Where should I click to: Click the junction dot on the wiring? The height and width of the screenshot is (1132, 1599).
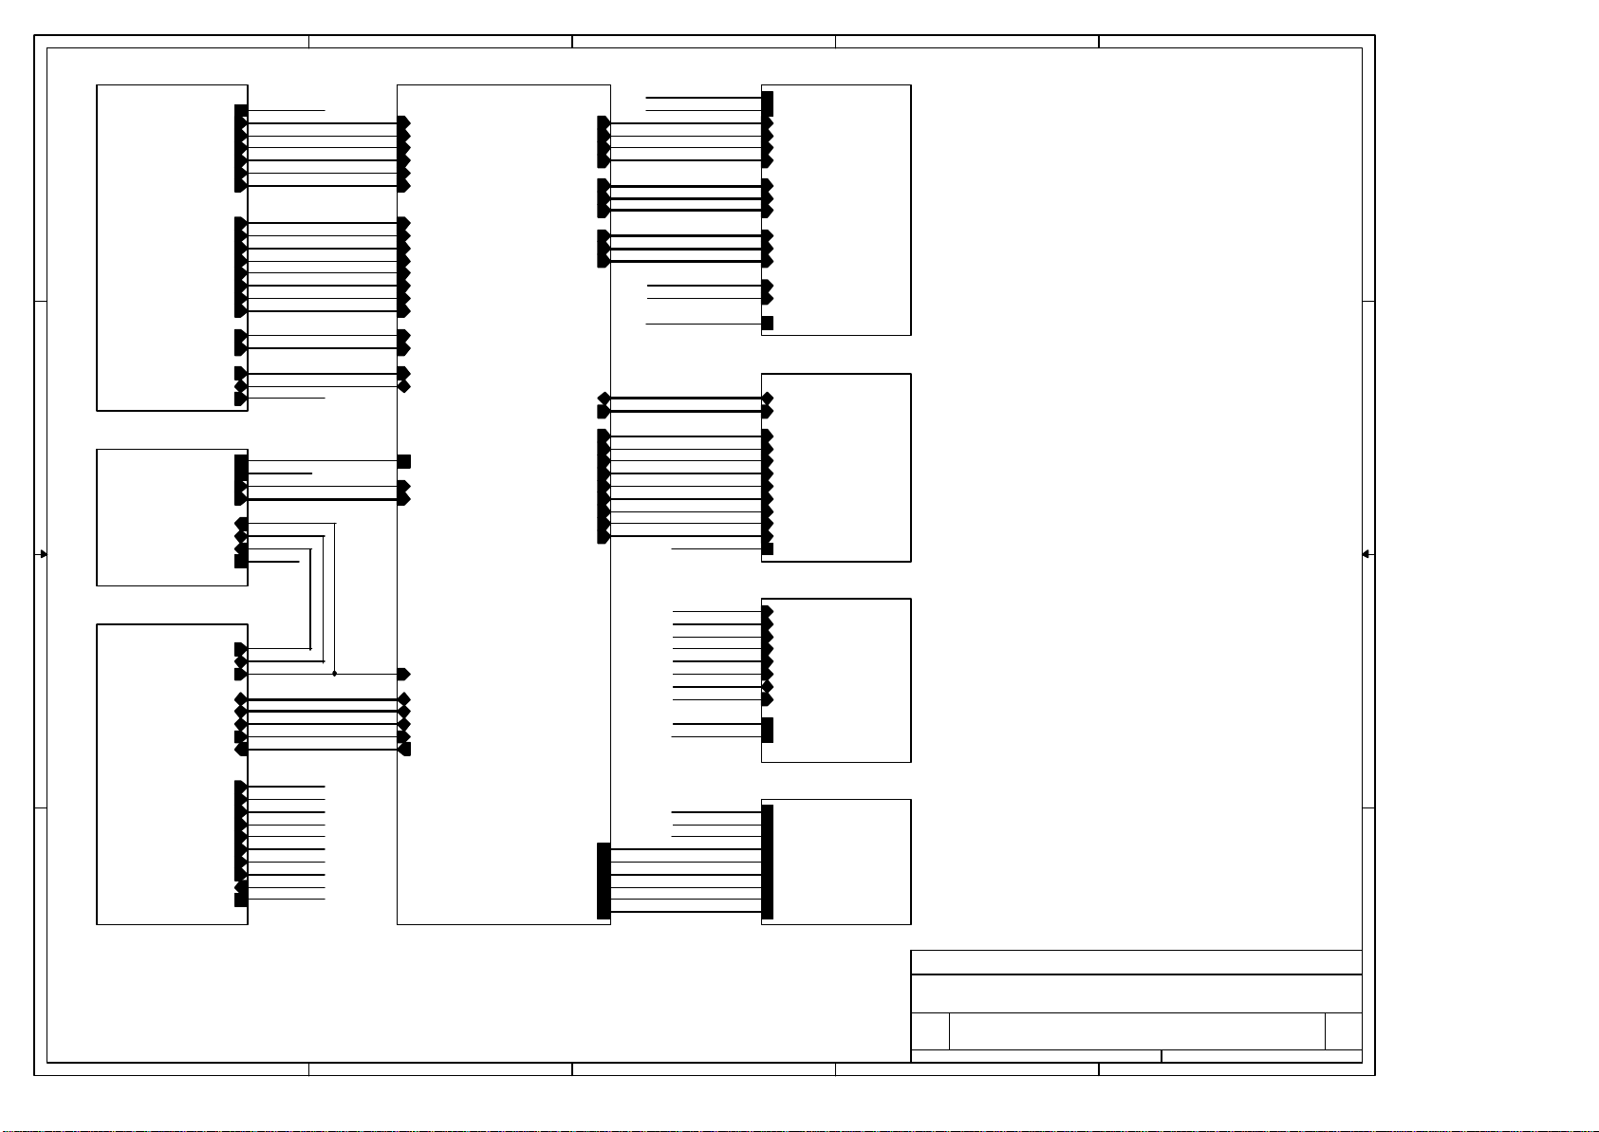(334, 674)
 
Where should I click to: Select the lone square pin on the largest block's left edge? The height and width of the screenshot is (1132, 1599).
(404, 461)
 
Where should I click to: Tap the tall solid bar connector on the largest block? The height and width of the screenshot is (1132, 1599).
(604, 881)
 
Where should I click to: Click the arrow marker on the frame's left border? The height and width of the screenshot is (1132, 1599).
(42, 554)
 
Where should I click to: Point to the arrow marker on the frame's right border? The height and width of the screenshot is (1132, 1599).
(1367, 554)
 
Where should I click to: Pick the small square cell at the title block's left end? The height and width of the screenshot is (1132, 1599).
(930, 1031)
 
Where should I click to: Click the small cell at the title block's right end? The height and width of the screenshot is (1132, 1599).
(1343, 1031)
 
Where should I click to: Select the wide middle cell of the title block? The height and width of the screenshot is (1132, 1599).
(1136, 1031)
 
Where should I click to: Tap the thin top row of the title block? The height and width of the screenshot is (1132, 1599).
(1136, 962)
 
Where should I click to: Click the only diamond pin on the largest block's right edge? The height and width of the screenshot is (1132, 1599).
(604, 399)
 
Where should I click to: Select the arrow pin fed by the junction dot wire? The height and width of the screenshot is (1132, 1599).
(403, 674)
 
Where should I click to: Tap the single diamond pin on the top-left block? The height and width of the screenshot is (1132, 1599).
(241, 386)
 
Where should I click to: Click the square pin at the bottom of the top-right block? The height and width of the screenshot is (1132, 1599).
(767, 324)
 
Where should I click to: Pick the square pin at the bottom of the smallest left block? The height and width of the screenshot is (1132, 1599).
(241, 561)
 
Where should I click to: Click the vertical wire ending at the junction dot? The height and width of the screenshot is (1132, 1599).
(335, 598)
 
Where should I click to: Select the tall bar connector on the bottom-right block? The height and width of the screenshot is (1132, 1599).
(768, 862)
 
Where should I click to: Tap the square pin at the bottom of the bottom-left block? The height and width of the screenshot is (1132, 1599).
(241, 899)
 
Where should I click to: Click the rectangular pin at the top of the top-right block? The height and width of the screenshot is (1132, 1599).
(768, 103)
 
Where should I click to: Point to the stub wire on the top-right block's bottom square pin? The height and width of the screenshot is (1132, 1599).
(703, 325)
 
